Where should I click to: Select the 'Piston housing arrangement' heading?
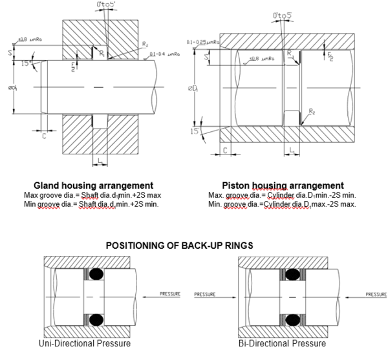[283, 185]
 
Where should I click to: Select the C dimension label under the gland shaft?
[43, 137]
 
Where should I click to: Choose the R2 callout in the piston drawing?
[312, 112]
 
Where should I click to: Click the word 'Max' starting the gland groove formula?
[31, 195]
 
